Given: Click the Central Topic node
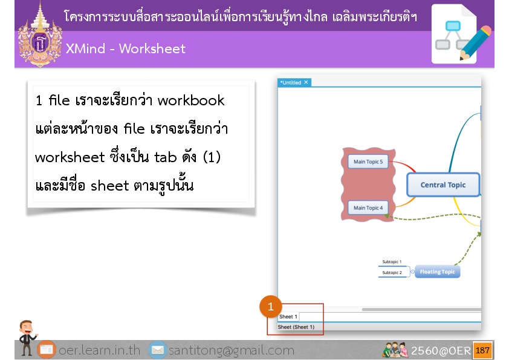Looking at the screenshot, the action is (x=443, y=185).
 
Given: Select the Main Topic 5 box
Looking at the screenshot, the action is (x=368, y=162).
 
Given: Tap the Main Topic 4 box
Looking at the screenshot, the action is (x=368, y=208).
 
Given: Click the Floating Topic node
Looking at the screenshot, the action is (x=437, y=272).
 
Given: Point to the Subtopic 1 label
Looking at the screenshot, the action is (x=392, y=261).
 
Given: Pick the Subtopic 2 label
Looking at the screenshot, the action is (x=392, y=273).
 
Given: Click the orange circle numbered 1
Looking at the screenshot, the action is (x=270, y=306).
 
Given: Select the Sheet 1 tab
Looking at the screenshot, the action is (x=288, y=316).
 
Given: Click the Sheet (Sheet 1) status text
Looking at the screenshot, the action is (x=296, y=327).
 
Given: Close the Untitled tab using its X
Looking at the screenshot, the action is (x=306, y=82).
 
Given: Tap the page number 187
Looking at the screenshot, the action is (x=482, y=350).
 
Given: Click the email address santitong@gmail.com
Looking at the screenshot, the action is (x=231, y=350).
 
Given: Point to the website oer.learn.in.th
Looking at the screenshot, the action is (x=99, y=350).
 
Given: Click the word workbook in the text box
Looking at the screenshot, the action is (x=191, y=100).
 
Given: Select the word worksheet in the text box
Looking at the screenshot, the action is (x=70, y=157).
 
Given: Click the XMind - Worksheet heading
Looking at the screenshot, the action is (x=126, y=49).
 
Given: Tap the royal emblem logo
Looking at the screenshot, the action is (x=40, y=35).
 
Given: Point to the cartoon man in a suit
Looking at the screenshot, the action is (x=27, y=337).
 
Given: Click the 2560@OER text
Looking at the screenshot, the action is (x=441, y=350).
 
